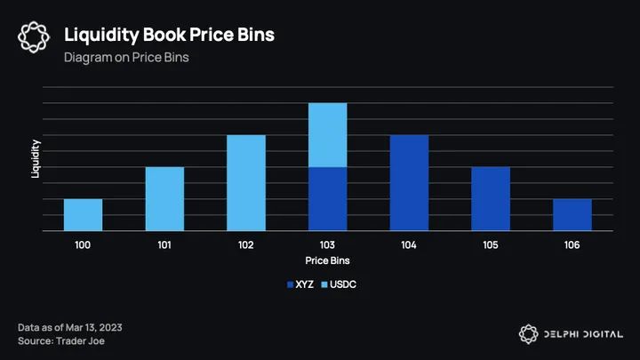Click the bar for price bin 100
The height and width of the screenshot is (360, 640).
pyautogui.click(x=83, y=214)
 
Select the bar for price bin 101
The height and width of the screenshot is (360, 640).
pyautogui.click(x=164, y=199)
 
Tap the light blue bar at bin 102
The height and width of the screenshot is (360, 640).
pyautogui.click(x=246, y=183)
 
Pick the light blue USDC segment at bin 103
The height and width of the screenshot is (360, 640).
pyautogui.click(x=327, y=135)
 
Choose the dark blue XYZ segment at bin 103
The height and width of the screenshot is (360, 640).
pyautogui.click(x=327, y=199)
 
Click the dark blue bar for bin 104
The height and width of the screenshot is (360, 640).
pyautogui.click(x=409, y=183)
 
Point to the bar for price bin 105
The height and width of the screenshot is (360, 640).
pyautogui.click(x=491, y=199)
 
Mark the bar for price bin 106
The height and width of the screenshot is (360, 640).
pyautogui.click(x=572, y=214)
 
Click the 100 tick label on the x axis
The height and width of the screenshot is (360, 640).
pyautogui.click(x=83, y=244)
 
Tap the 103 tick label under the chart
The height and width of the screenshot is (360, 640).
pyautogui.click(x=327, y=244)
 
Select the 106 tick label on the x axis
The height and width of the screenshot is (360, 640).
pyautogui.click(x=572, y=244)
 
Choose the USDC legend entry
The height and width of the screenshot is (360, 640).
pyautogui.click(x=343, y=284)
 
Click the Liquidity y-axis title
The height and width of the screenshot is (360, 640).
pyautogui.click(x=36, y=159)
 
